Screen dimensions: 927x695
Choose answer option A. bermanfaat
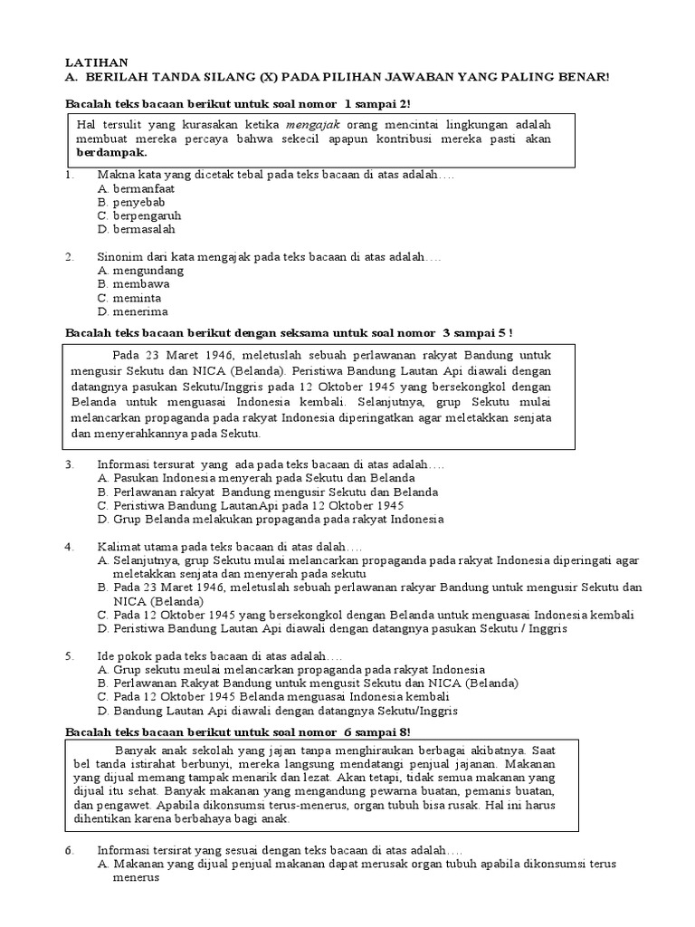136,188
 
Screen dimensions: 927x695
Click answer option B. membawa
134,283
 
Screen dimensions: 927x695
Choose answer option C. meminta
130,297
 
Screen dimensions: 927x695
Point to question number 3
70,463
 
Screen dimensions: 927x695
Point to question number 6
70,852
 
